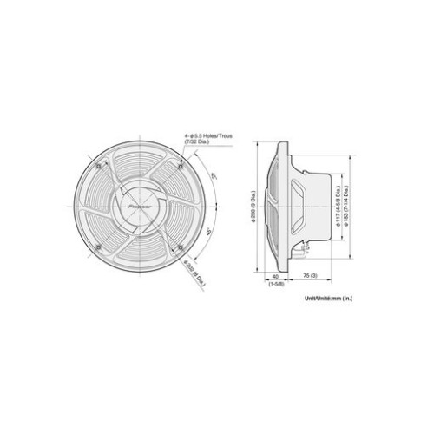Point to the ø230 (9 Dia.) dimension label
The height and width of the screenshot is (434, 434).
click(x=253, y=207)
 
